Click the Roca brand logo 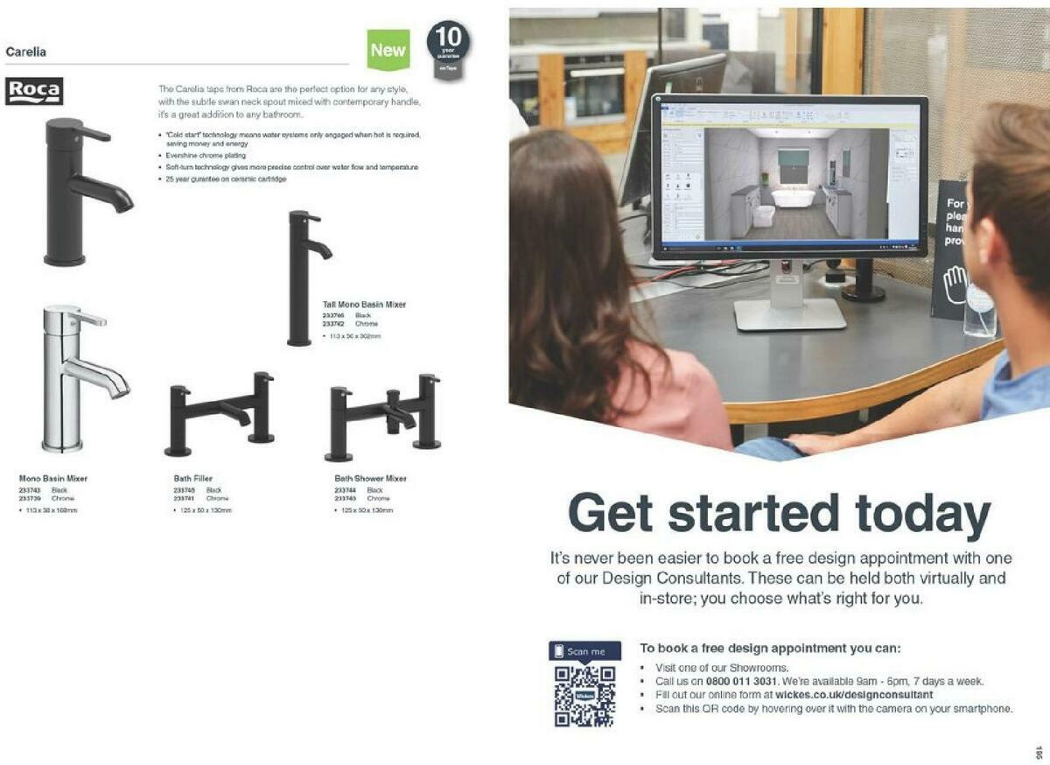click(x=34, y=91)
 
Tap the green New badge click(x=388, y=50)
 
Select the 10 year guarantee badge click(x=448, y=49)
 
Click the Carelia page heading click(x=26, y=52)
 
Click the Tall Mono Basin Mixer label click(x=364, y=305)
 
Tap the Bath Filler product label click(x=192, y=479)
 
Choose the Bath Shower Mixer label click(x=370, y=479)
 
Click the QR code click(x=584, y=696)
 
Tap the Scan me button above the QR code click(x=584, y=651)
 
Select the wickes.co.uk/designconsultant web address click(x=848, y=695)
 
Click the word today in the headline click(x=922, y=514)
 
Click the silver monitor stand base click(x=790, y=315)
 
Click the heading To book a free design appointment click(x=770, y=649)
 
